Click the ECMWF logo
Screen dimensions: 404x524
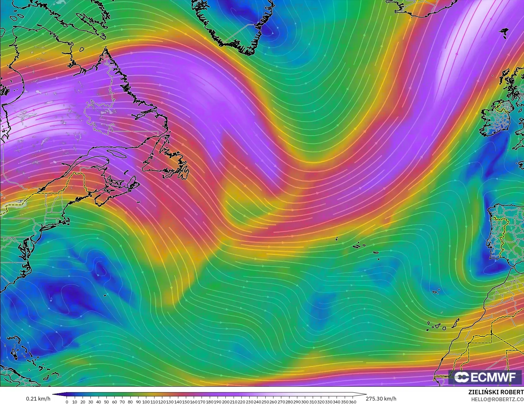[485, 377]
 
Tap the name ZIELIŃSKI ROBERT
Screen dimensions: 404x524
[496, 392]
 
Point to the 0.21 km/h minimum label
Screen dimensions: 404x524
[38, 399]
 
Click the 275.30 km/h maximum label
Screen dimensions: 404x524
[381, 399]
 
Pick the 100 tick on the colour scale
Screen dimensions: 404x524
[146, 402]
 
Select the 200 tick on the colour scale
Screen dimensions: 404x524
[225, 402]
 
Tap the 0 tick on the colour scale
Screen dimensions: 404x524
[67, 402]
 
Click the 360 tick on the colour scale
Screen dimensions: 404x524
[352, 402]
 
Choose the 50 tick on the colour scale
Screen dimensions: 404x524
[106, 402]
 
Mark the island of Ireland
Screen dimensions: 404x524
[496, 118]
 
